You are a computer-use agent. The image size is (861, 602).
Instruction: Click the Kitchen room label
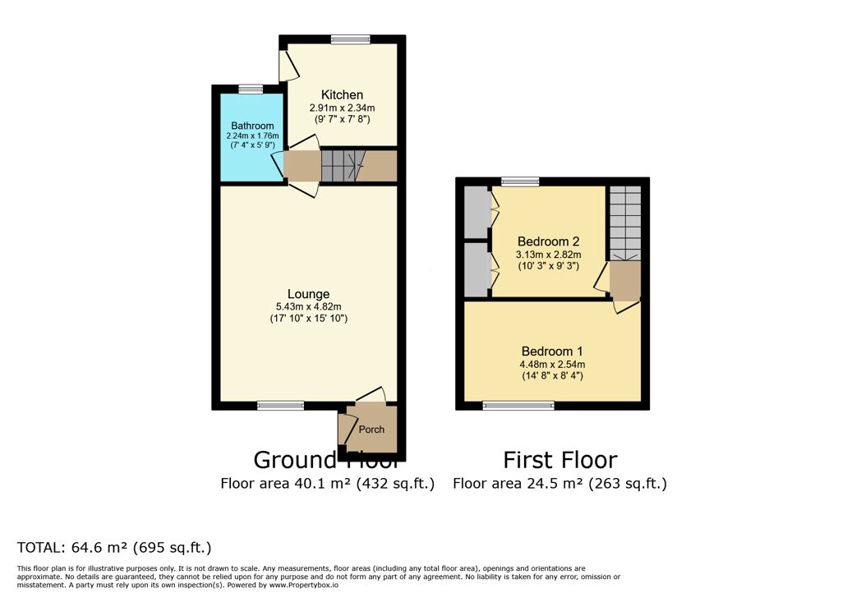coord(342,94)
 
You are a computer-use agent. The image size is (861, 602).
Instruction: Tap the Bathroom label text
coord(252,126)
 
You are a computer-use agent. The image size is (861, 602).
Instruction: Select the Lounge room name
coord(309,294)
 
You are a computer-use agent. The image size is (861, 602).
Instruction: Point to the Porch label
coord(371,430)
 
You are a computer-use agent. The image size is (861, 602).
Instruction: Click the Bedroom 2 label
coord(548,241)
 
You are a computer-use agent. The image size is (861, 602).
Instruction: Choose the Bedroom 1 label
coord(552,352)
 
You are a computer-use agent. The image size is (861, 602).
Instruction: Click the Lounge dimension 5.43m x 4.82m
coord(309,307)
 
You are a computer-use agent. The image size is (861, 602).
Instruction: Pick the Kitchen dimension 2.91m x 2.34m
coord(342,108)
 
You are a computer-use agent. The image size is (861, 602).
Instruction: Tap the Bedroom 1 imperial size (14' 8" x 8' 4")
coord(552,376)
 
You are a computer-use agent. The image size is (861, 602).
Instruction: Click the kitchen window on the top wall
coord(350,39)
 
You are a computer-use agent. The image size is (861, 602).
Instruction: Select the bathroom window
coord(251,89)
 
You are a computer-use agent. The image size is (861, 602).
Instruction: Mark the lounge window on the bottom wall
coord(281,406)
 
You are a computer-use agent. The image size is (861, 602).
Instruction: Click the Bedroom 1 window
coord(518,406)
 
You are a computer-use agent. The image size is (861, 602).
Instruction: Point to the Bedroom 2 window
coord(520,182)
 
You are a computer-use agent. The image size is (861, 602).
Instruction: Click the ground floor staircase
coord(343,166)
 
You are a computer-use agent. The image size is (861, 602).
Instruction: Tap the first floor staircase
coord(625,223)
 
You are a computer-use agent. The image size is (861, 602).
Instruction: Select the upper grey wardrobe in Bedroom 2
coord(477,213)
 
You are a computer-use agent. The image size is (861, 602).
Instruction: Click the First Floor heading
coord(560,460)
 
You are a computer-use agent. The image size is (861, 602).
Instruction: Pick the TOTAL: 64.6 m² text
coord(72,548)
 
